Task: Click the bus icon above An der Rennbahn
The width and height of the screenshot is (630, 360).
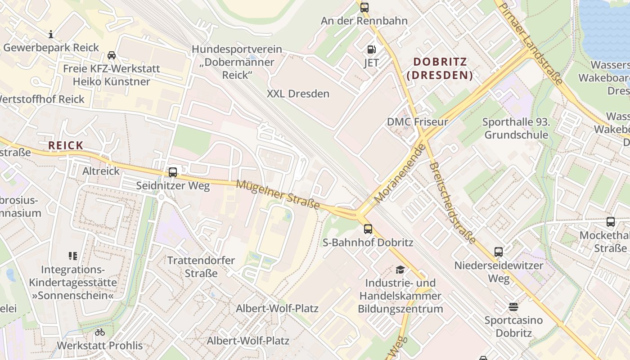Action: (364, 7)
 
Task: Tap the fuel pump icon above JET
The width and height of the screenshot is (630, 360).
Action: (371, 49)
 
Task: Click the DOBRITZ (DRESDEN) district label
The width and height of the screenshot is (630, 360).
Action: (440, 68)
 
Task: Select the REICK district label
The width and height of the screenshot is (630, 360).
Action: (66, 145)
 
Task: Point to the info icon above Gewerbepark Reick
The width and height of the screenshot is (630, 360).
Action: (51, 34)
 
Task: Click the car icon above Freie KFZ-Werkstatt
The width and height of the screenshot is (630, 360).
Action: (112, 55)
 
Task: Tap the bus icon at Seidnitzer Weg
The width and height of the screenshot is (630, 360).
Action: (173, 172)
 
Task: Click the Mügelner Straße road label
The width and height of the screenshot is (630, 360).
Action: (278, 194)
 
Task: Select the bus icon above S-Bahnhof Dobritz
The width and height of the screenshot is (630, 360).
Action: (368, 229)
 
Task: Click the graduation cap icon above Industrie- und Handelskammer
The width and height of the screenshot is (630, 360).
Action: (400, 270)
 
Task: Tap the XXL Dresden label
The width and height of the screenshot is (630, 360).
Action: (298, 94)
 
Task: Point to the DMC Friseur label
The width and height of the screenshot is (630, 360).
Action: (418, 122)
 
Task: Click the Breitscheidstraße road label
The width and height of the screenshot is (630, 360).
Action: (452, 203)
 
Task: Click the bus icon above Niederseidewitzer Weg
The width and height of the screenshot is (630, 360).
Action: (499, 252)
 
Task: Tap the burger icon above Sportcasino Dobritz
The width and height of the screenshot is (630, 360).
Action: (513, 307)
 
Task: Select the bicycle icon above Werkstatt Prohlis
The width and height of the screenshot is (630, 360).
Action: (100, 333)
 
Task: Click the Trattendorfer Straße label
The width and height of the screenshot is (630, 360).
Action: (201, 267)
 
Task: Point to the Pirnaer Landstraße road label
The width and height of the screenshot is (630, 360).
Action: (531, 43)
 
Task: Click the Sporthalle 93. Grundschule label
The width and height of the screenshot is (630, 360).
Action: (516, 128)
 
